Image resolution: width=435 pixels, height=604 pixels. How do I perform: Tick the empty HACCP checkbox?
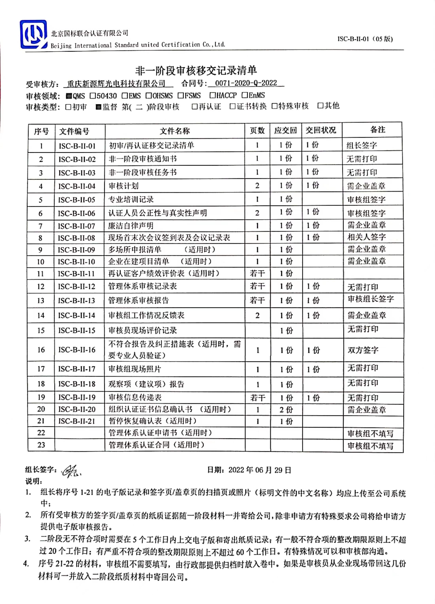pyautogui.click(x=213, y=95)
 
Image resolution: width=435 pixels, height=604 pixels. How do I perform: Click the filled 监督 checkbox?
pyautogui.click(x=98, y=107)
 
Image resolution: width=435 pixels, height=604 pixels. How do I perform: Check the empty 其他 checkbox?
pyautogui.click(x=320, y=106)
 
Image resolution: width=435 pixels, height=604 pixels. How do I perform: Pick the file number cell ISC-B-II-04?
pyautogui.click(x=77, y=186)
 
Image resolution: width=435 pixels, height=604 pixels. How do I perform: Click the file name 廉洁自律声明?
pyautogui.click(x=131, y=226)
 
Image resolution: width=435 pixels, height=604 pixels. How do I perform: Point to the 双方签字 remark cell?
pyautogui.click(x=363, y=350)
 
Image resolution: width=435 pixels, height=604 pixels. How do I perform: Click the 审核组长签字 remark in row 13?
pyautogui.click(x=371, y=299)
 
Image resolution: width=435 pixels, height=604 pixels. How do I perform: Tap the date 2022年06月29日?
pyautogui.click(x=259, y=470)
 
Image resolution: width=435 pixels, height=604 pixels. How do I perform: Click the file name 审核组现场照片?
pyautogui.click(x=135, y=369)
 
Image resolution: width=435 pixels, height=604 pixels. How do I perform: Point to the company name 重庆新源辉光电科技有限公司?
pyautogui.click(x=116, y=84)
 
